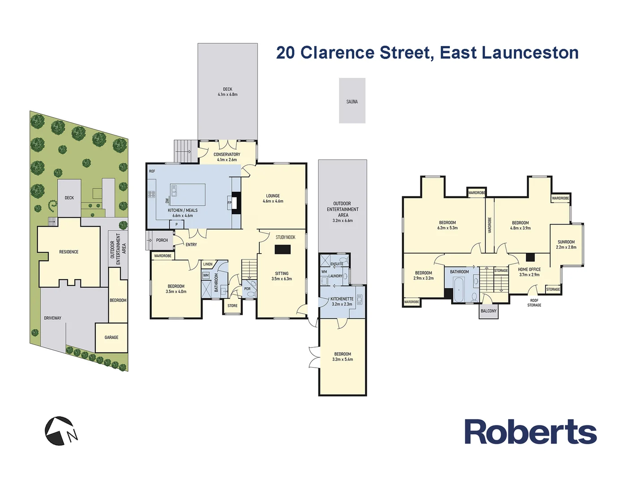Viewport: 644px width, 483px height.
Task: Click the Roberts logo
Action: [530, 432]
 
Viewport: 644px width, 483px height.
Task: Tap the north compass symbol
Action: [61, 431]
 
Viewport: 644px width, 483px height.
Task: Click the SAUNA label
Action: [352, 102]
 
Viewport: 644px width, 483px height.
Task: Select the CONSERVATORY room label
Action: [227, 154]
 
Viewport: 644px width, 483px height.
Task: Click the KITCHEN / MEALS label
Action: [182, 210]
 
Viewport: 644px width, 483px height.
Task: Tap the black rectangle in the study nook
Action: [283, 250]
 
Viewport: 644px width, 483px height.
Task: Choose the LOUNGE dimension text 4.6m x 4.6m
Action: [273, 201]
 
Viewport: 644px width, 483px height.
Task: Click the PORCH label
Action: [162, 240]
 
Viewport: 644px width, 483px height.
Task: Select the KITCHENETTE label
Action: [342, 299]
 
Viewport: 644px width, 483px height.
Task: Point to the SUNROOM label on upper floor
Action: [566, 242]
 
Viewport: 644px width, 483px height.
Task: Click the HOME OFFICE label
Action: [529, 269]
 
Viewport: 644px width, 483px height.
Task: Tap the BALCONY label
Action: [488, 311]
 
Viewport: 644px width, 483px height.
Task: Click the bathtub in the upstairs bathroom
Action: [459, 289]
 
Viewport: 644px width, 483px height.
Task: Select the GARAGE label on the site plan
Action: [111, 337]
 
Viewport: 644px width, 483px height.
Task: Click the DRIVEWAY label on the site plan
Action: [53, 318]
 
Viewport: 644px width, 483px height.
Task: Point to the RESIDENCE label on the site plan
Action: [69, 252]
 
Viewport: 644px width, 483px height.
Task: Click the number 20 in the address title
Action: [285, 53]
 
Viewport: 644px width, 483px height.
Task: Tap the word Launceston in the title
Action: [530, 53]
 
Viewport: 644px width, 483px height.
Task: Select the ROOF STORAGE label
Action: [534, 303]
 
